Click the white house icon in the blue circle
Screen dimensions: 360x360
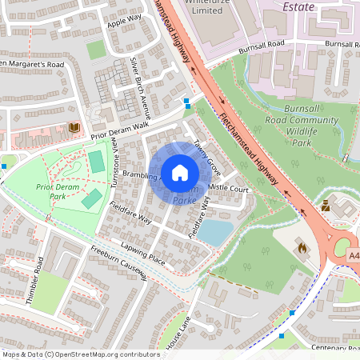click(x=180, y=172)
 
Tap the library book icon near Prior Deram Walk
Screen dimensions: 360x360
click(x=74, y=127)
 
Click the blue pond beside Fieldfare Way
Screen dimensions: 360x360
click(x=215, y=233)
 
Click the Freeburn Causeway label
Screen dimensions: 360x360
click(x=119, y=263)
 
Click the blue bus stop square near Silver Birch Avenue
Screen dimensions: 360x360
click(x=187, y=102)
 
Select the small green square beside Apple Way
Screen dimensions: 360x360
click(x=96, y=50)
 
